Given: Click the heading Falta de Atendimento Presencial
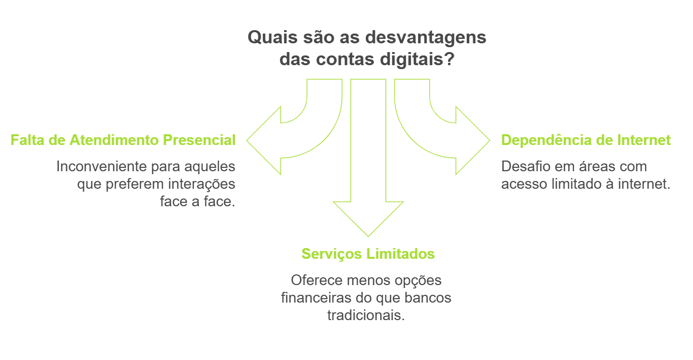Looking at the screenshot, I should click(x=123, y=140).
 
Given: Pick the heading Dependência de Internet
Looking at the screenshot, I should click(x=586, y=140).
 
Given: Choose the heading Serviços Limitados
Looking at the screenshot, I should click(x=368, y=254).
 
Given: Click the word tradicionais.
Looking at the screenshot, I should click(x=366, y=315).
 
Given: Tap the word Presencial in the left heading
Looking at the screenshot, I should click(x=199, y=140).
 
